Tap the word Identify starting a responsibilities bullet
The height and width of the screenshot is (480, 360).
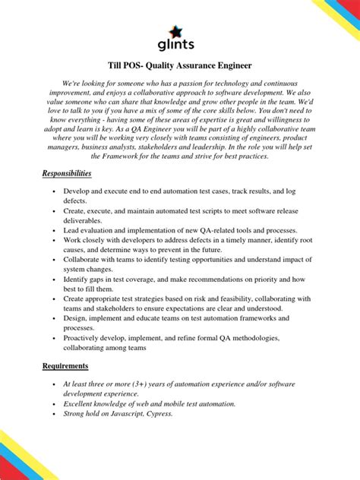pos(79,279)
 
